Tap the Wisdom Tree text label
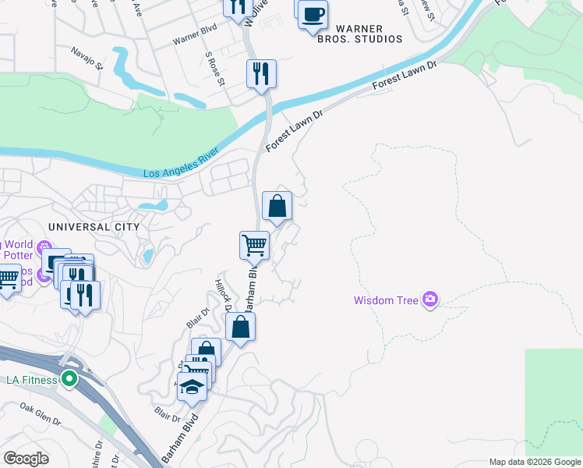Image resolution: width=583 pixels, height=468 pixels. pyautogui.click(x=386, y=300)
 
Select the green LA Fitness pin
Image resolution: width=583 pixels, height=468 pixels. pyautogui.click(x=69, y=380)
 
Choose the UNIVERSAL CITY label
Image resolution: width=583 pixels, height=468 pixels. pyautogui.click(x=94, y=226)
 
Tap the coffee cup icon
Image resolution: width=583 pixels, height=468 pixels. pyautogui.click(x=313, y=15)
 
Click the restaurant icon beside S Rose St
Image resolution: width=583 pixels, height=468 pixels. pyautogui.click(x=261, y=74)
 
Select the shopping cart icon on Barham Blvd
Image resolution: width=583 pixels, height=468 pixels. pyautogui.click(x=254, y=245)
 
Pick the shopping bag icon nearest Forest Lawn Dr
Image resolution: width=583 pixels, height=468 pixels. pyautogui.click(x=277, y=207)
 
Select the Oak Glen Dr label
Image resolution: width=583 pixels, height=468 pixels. pyautogui.click(x=41, y=414)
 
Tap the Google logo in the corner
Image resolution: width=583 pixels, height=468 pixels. pyautogui.click(x=26, y=459)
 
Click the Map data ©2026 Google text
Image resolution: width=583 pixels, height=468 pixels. pyautogui.click(x=535, y=462)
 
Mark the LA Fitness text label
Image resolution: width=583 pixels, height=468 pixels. pyautogui.click(x=32, y=380)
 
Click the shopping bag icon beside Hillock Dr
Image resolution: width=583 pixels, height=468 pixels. pyautogui.click(x=241, y=328)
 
